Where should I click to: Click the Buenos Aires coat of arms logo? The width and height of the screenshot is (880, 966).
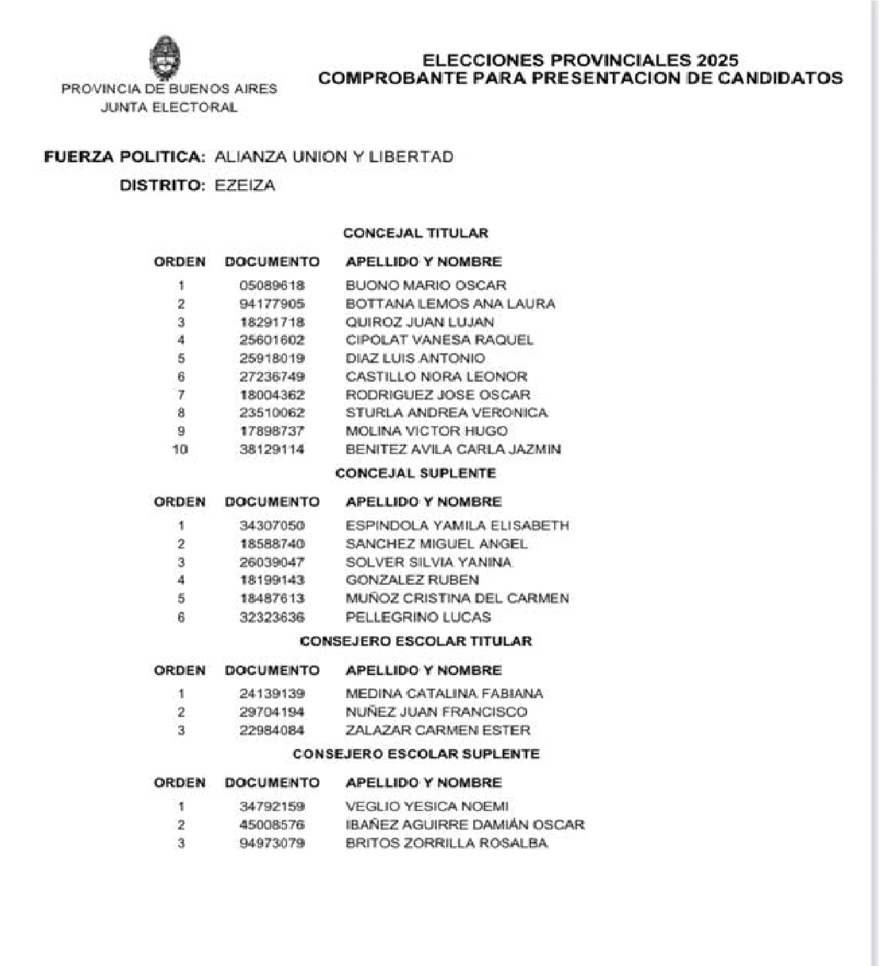(x=165, y=57)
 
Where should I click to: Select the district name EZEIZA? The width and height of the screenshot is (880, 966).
(x=245, y=186)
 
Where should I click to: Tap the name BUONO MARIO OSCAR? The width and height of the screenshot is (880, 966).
(x=426, y=285)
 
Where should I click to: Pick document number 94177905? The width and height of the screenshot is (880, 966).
(x=272, y=304)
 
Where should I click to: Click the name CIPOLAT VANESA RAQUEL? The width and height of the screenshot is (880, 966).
(x=439, y=340)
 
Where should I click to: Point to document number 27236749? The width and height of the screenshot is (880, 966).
(x=272, y=377)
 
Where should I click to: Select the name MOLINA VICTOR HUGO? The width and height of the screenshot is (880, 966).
(x=426, y=431)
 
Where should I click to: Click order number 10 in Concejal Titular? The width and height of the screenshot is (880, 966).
(x=180, y=450)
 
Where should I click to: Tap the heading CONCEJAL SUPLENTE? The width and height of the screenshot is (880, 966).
(x=416, y=474)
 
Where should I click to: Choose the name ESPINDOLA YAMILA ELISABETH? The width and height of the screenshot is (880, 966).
(x=457, y=526)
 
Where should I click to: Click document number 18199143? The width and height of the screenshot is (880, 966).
(x=272, y=580)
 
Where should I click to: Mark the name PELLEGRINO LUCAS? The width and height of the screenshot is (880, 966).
(x=418, y=617)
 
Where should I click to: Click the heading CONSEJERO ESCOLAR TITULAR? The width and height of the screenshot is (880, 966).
(x=416, y=642)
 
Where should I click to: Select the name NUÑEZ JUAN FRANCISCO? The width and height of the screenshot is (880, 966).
(x=436, y=712)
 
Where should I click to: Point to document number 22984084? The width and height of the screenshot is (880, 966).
(x=272, y=730)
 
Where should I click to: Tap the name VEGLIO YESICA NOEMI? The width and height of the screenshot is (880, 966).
(x=427, y=807)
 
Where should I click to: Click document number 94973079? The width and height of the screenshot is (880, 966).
(x=272, y=844)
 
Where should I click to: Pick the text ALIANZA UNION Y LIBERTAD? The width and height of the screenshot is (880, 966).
(x=334, y=157)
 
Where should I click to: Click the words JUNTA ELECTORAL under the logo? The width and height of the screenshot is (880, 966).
(x=169, y=107)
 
